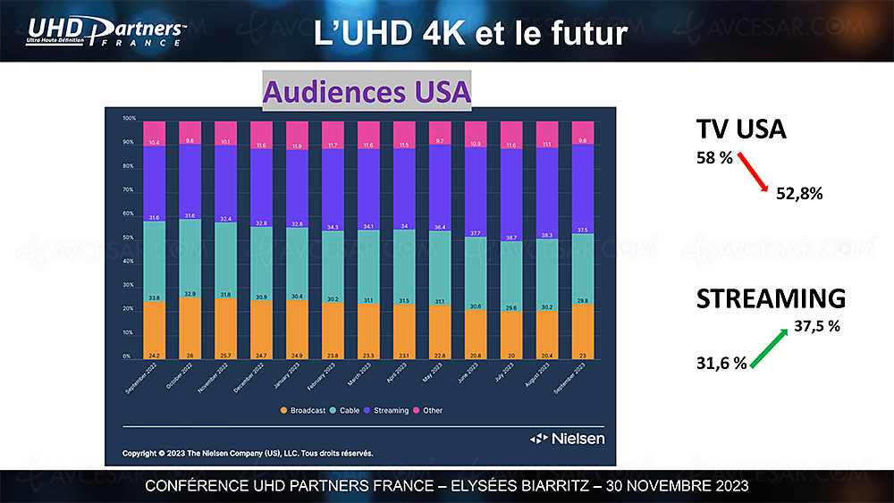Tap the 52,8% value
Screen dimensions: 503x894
[799, 193]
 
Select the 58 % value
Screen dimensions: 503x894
[714, 158]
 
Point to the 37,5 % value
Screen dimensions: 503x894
[816, 327]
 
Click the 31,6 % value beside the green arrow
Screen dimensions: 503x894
[721, 363]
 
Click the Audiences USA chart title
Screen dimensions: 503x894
[367, 92]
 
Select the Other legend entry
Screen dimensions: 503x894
[428, 410]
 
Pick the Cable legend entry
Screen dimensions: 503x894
[346, 410]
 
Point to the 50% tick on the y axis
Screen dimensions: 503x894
[129, 238]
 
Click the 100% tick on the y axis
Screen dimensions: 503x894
[129, 119]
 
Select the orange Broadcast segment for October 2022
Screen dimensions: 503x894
[190, 328]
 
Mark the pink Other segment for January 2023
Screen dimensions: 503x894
[298, 134]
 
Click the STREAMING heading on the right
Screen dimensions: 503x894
[771, 298]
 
